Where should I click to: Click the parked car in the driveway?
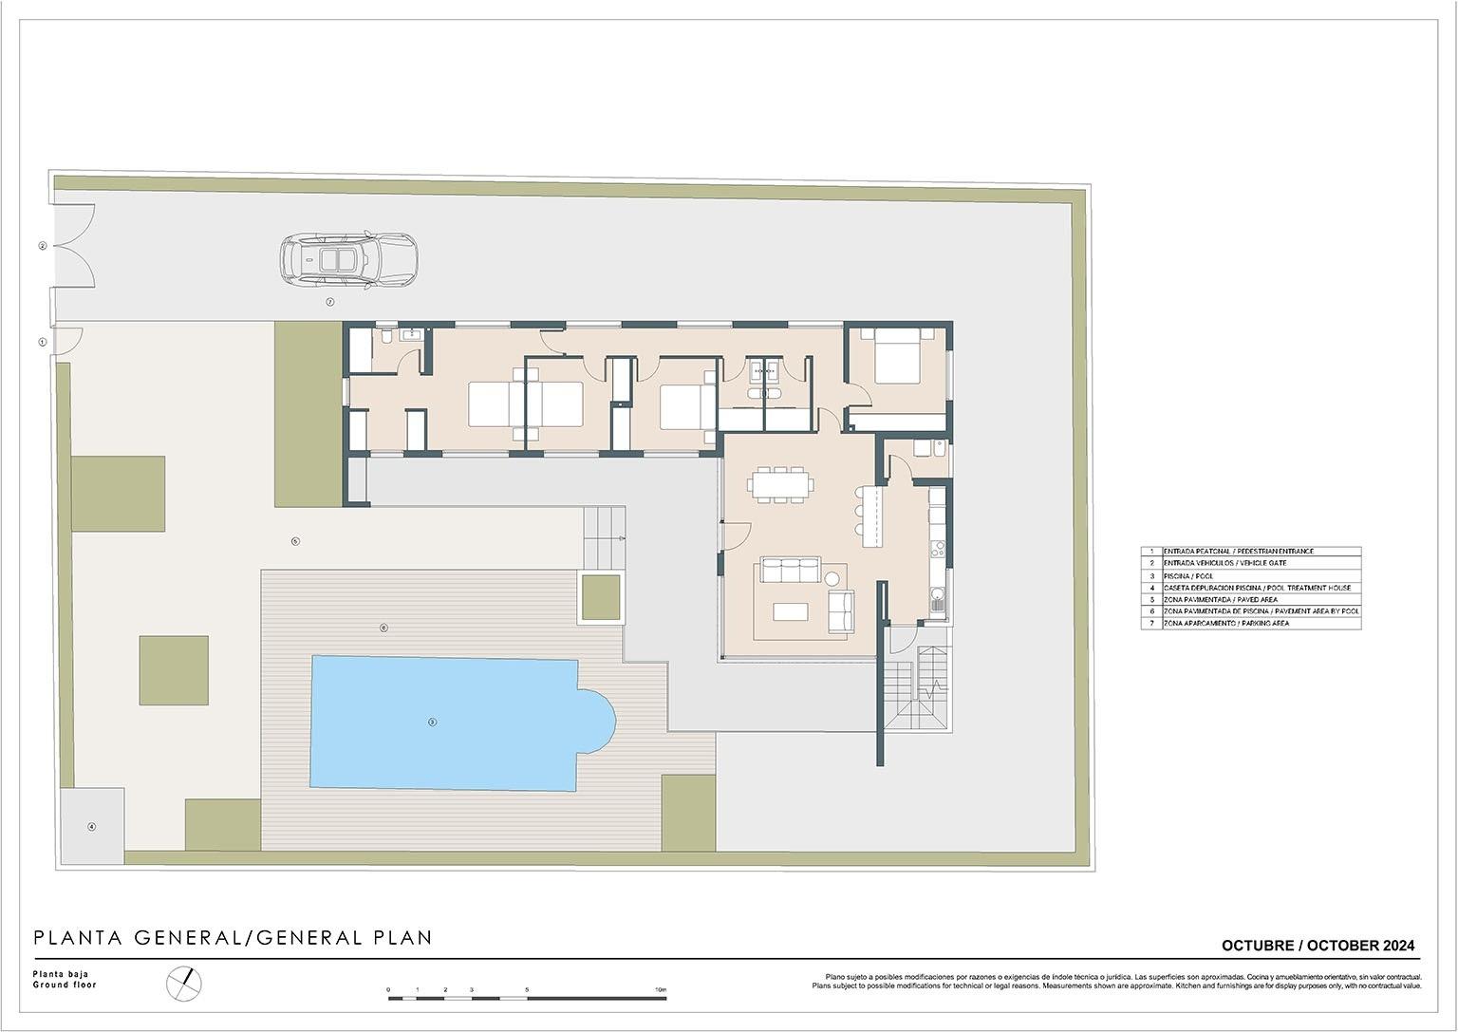(x=348, y=259)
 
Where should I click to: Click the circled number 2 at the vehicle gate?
(x=42, y=246)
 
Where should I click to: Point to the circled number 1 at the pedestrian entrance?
(x=42, y=342)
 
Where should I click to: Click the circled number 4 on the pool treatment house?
(x=92, y=827)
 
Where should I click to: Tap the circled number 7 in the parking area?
(x=330, y=302)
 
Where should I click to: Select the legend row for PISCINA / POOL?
(x=1250, y=576)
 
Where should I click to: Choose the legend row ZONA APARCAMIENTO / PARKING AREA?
(x=1250, y=624)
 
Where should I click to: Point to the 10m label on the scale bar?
(x=660, y=990)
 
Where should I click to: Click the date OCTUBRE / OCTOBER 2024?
(x=1318, y=946)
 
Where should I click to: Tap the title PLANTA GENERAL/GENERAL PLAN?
(x=233, y=938)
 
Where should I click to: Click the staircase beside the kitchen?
(x=918, y=688)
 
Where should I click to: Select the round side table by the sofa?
(x=832, y=577)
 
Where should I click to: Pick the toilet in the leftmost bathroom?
(x=386, y=337)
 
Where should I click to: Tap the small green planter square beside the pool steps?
(x=600, y=596)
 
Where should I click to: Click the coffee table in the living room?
(x=790, y=611)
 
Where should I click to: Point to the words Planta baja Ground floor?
(x=65, y=980)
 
